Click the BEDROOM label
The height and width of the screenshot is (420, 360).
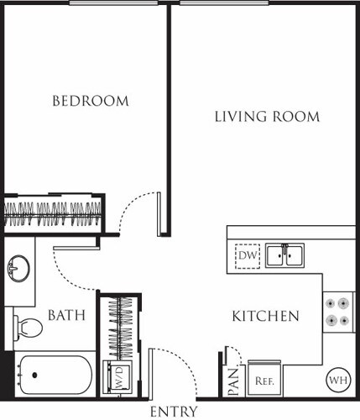(91, 101)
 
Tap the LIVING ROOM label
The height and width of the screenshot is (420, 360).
(266, 117)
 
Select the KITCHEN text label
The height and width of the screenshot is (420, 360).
(265, 317)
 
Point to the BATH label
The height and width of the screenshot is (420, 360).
(65, 316)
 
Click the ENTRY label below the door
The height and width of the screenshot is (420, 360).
(174, 412)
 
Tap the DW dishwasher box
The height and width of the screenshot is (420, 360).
(248, 255)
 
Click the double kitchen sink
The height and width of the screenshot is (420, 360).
(285, 255)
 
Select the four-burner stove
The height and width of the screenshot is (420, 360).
(339, 312)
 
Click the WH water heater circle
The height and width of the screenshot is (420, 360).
(337, 379)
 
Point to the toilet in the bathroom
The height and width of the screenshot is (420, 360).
(28, 326)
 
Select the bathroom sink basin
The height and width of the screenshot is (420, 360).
(18, 270)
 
